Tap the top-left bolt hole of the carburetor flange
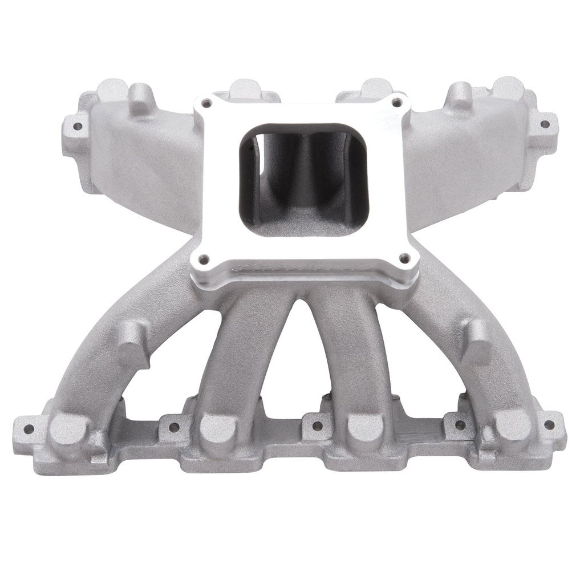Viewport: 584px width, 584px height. pos(206,103)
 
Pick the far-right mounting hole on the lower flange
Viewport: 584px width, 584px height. pos(549,424)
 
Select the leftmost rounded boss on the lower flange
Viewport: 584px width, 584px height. pos(67,430)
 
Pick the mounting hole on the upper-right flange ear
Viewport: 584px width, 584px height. pos(545,124)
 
